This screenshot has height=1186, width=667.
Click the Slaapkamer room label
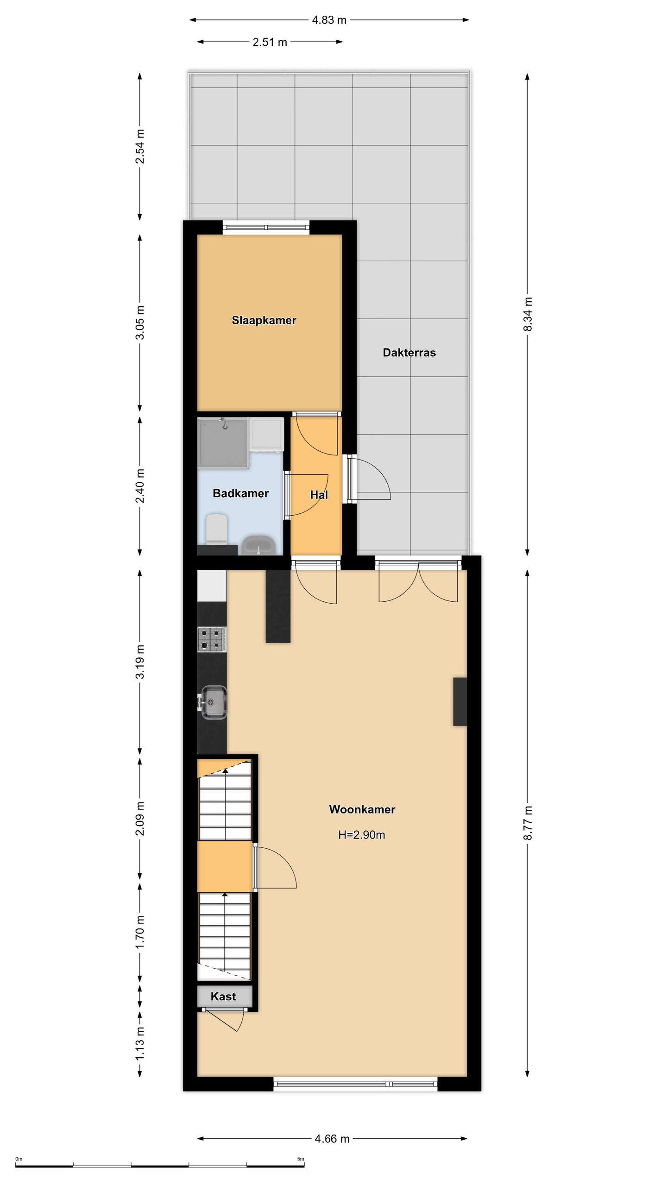coord(264,320)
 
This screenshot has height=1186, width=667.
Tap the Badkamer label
coord(240,493)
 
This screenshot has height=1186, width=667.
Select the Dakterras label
coord(409,353)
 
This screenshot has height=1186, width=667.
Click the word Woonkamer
coord(362,809)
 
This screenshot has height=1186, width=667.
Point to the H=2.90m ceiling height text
coord(361,835)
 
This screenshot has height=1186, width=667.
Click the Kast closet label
coord(223,997)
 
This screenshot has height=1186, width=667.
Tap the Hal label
coord(319,495)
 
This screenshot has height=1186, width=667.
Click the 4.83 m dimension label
coord(329,20)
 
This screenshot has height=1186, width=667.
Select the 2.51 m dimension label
coord(270,42)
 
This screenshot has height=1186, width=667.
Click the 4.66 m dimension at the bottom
coord(332,1139)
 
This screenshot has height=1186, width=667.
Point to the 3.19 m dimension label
coord(140,662)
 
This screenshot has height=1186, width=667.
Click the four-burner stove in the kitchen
coord(212,639)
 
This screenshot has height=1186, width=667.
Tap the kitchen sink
coord(214,703)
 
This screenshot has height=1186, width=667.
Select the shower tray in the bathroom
coord(223,442)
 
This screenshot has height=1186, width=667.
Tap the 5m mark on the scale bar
coord(301,1159)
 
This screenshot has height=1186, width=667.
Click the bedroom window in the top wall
coord(266,227)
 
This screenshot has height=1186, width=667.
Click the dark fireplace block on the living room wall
coord(459,701)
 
